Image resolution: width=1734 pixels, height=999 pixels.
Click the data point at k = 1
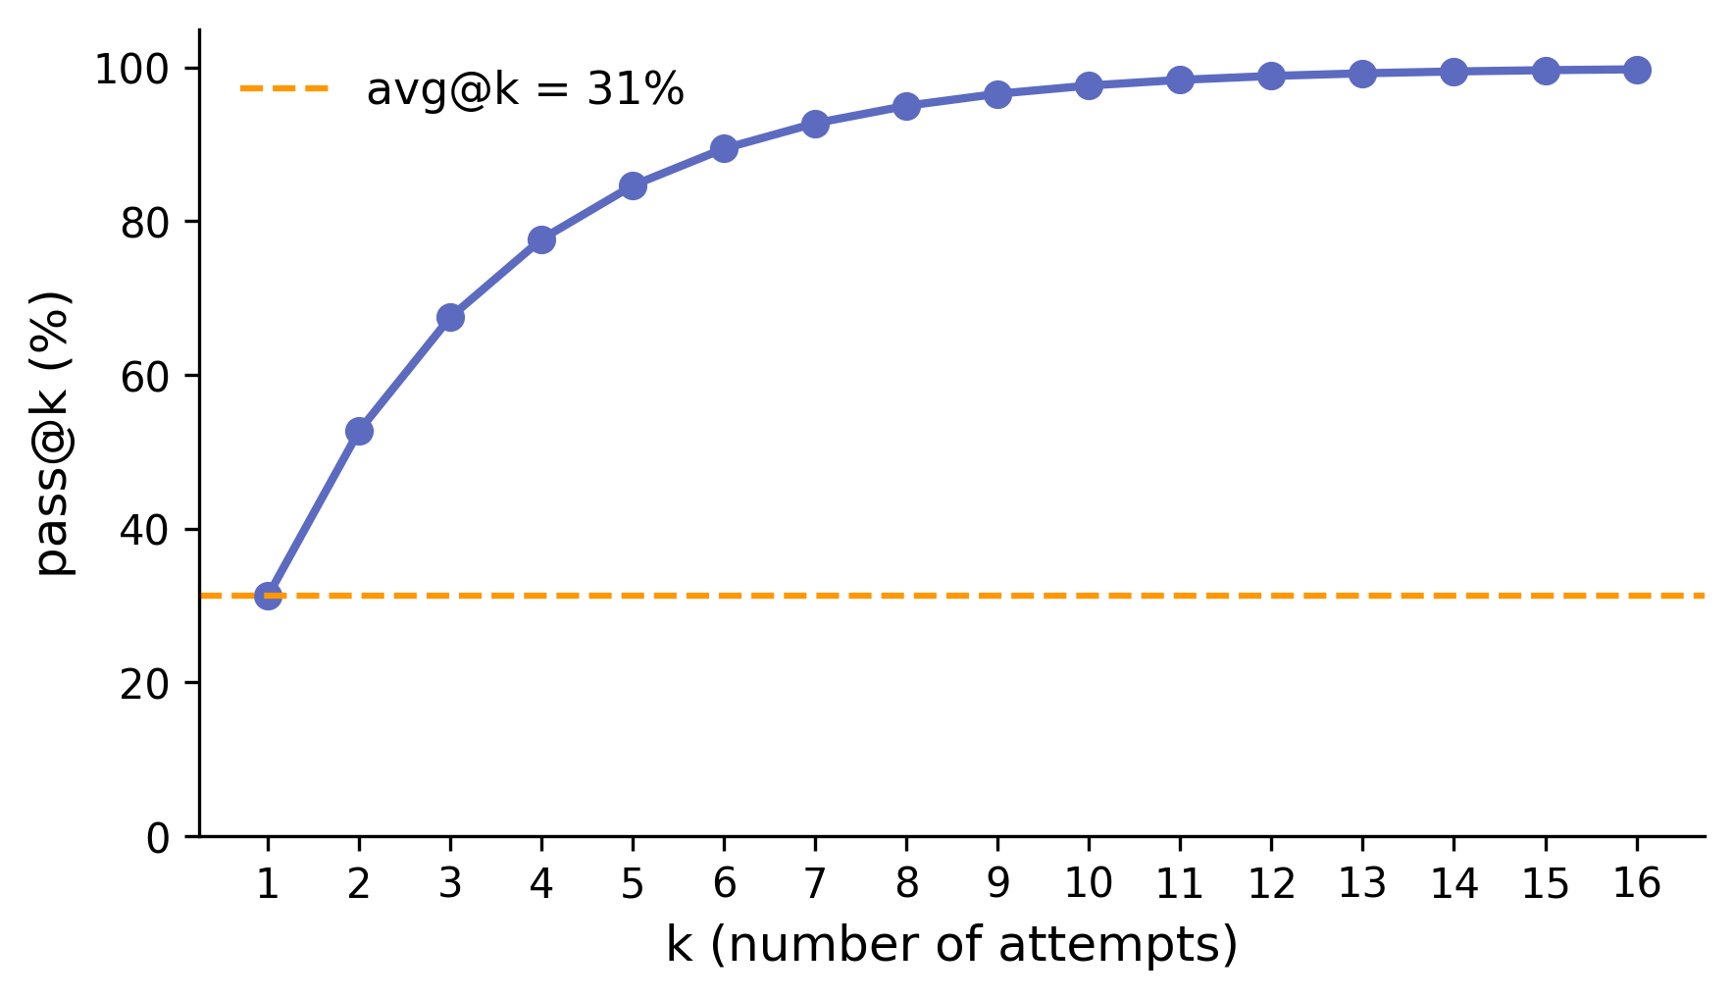[x=268, y=596]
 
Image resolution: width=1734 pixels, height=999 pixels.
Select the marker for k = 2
[x=359, y=431]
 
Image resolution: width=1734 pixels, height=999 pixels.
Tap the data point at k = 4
[x=541, y=239]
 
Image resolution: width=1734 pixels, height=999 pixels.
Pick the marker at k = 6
[x=724, y=148]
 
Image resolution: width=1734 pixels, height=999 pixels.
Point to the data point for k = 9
[x=997, y=94]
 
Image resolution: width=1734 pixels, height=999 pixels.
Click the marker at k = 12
[x=1271, y=76]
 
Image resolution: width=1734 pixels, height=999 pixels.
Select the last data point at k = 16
[x=1636, y=70]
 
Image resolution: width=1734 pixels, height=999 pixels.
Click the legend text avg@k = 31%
[x=525, y=90]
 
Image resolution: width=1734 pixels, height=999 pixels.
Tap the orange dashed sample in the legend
[x=284, y=88]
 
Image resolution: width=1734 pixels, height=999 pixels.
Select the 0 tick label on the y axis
[x=158, y=837]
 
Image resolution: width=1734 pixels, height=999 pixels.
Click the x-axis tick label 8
[x=906, y=884]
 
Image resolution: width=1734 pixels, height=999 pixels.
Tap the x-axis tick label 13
[x=1362, y=884]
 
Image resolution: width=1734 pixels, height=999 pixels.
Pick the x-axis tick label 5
[x=633, y=884]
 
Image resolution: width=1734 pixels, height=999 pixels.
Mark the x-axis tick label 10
[x=1089, y=884]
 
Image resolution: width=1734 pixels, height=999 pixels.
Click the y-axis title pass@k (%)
[x=54, y=432]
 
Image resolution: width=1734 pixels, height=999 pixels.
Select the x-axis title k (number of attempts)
[x=951, y=945]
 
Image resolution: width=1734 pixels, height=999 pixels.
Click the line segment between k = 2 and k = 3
[x=405, y=374]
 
